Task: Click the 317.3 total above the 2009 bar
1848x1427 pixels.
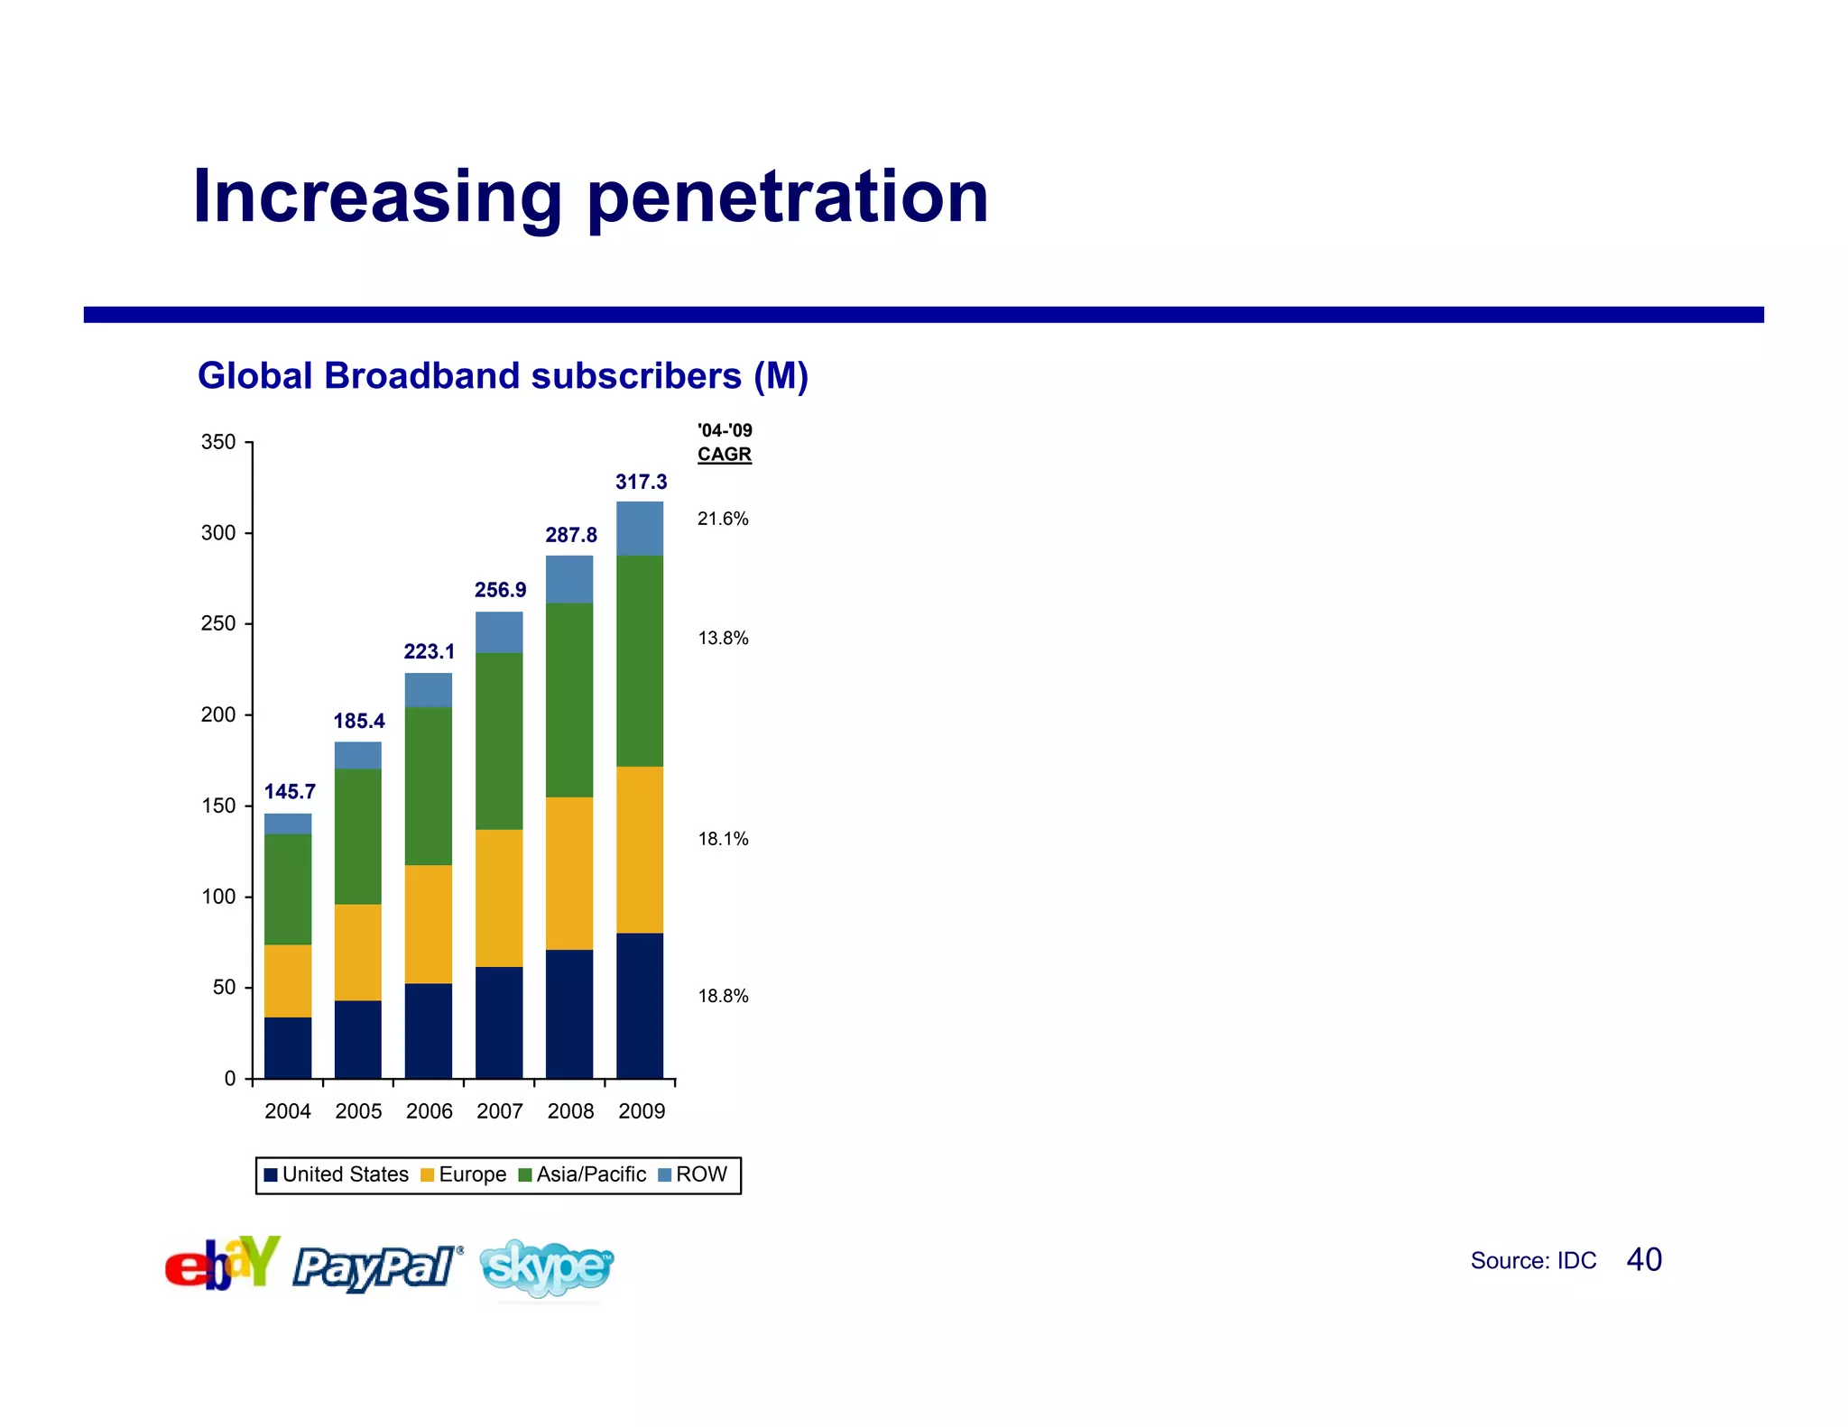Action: [641, 483]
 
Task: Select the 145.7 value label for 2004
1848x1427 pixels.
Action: [290, 792]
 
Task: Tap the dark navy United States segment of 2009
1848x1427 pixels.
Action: [640, 1005]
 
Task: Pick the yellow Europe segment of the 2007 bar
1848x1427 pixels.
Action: [499, 898]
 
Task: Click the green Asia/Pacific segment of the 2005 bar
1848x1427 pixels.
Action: [358, 836]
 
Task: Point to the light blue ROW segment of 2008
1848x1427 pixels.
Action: [569, 579]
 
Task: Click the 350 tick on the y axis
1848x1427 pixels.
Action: [218, 443]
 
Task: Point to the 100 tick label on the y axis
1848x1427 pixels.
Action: [218, 897]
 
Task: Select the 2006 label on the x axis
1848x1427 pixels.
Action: [429, 1111]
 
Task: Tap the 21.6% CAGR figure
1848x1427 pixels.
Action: [723, 519]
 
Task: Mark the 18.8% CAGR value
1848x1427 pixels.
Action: [723, 996]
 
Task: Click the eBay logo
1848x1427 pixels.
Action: [222, 1263]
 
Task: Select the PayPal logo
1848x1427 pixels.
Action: [377, 1266]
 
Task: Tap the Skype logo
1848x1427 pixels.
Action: [547, 1267]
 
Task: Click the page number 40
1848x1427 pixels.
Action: [1644, 1260]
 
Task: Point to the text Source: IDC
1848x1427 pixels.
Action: [1533, 1261]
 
